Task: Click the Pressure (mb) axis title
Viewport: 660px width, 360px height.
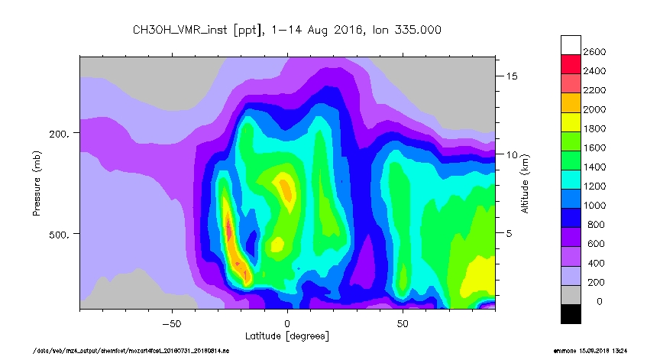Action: pyautogui.click(x=37, y=183)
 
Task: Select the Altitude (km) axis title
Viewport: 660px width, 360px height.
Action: pyautogui.click(x=526, y=183)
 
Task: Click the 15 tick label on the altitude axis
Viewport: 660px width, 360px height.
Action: pyautogui.click(x=512, y=76)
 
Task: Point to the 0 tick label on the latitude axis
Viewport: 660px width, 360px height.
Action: pyautogui.click(x=287, y=323)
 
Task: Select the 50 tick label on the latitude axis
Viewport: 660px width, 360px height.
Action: pyautogui.click(x=403, y=323)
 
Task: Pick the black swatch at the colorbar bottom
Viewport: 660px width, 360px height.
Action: pyautogui.click(x=571, y=313)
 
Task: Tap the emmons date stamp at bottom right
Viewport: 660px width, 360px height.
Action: pyautogui.click(x=590, y=351)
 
